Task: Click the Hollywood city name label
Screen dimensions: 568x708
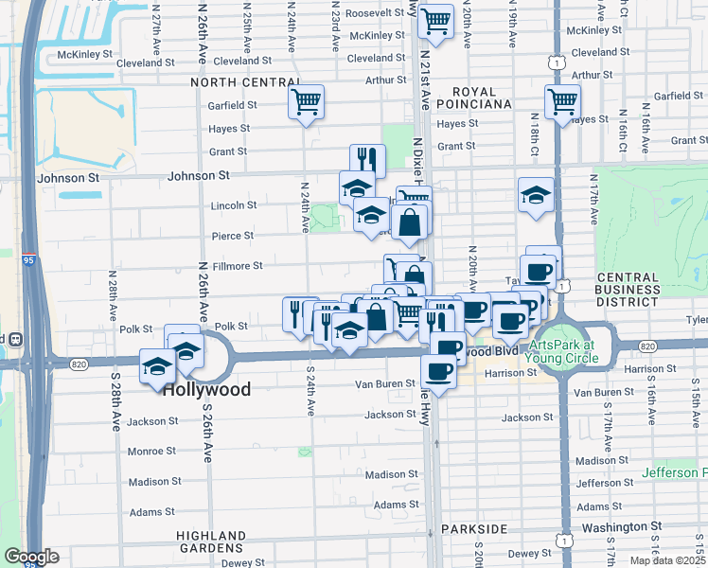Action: coord(206,389)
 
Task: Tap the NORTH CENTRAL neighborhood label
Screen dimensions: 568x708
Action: coord(237,82)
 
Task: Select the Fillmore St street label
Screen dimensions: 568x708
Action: coord(237,266)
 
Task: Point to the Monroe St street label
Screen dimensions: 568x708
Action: coord(151,452)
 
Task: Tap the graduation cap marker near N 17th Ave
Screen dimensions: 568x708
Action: coord(536,195)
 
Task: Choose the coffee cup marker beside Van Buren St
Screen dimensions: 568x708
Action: coord(438,370)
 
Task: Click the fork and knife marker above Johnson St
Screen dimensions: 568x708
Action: coord(366,160)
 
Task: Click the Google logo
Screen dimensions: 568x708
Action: coord(30,557)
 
